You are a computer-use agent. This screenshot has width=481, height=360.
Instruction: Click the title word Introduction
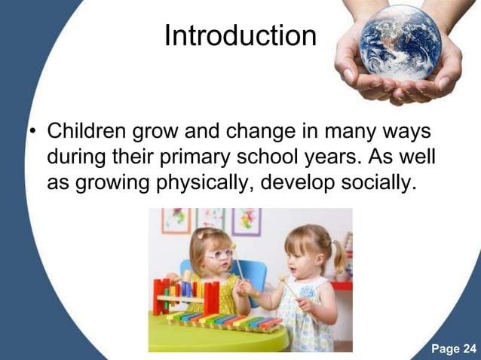pyautogui.click(x=240, y=35)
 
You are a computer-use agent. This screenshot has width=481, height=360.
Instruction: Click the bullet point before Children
pyautogui.click(x=32, y=133)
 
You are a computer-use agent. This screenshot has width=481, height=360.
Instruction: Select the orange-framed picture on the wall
pyautogui.click(x=176, y=220)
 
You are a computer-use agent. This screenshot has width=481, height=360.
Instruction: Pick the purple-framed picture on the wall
pyautogui.click(x=247, y=221)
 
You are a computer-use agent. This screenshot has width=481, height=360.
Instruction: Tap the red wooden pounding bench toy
pyautogui.click(x=185, y=295)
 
